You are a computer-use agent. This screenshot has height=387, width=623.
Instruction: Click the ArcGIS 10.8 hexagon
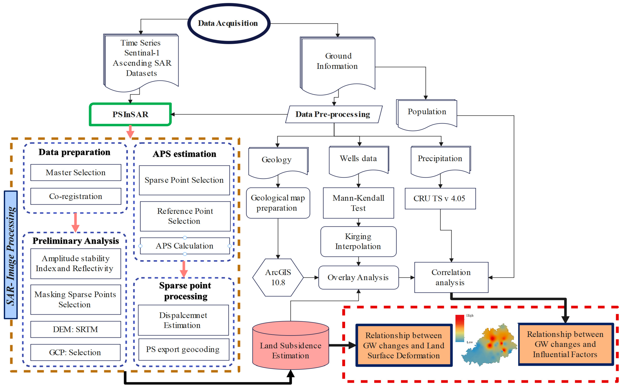(x=278, y=277)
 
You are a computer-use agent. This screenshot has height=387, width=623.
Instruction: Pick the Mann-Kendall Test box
(x=358, y=203)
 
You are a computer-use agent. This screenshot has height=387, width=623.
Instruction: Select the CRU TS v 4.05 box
(x=440, y=199)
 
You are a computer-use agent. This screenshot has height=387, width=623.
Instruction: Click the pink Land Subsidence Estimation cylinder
(x=290, y=345)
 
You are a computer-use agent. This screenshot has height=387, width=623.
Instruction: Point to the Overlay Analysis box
(x=358, y=277)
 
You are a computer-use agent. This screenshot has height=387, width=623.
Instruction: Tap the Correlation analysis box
(x=451, y=277)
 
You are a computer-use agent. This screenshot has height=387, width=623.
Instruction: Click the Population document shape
(x=426, y=115)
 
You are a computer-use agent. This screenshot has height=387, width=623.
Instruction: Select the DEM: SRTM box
(x=76, y=329)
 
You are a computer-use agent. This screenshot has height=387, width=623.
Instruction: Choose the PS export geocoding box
(x=184, y=350)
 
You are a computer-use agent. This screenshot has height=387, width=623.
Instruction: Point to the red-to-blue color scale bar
(x=460, y=328)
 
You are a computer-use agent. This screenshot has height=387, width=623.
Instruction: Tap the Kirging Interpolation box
(x=358, y=242)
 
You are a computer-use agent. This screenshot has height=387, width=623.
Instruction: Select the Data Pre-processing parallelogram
(x=334, y=114)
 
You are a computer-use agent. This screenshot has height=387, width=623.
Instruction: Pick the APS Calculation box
(x=185, y=246)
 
